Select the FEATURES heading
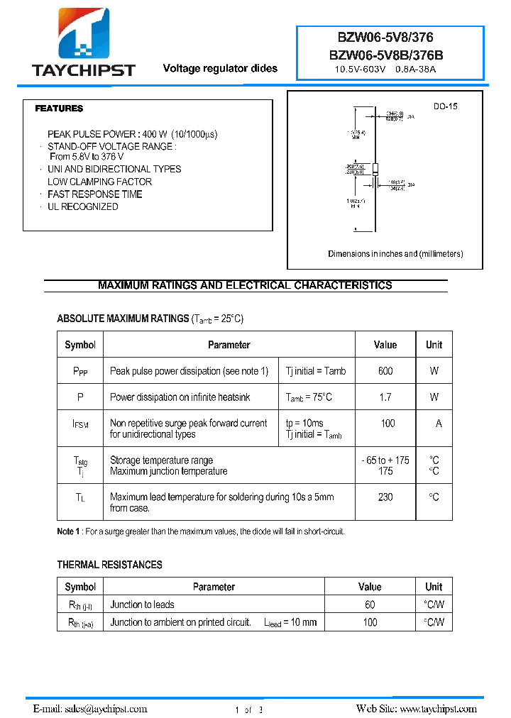point(59,109)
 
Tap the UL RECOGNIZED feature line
point(82,206)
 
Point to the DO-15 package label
point(446,106)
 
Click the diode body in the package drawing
point(375,169)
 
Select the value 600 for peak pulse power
point(385,370)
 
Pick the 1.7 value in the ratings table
point(385,397)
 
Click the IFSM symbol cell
point(80,424)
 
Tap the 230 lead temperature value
point(385,497)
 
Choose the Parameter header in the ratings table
point(229,345)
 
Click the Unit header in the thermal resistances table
point(434,587)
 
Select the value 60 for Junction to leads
point(370,604)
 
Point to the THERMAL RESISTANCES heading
point(109,565)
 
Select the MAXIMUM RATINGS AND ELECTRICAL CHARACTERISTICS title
point(245,285)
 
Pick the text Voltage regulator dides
point(220,68)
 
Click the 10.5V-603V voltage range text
point(361,70)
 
